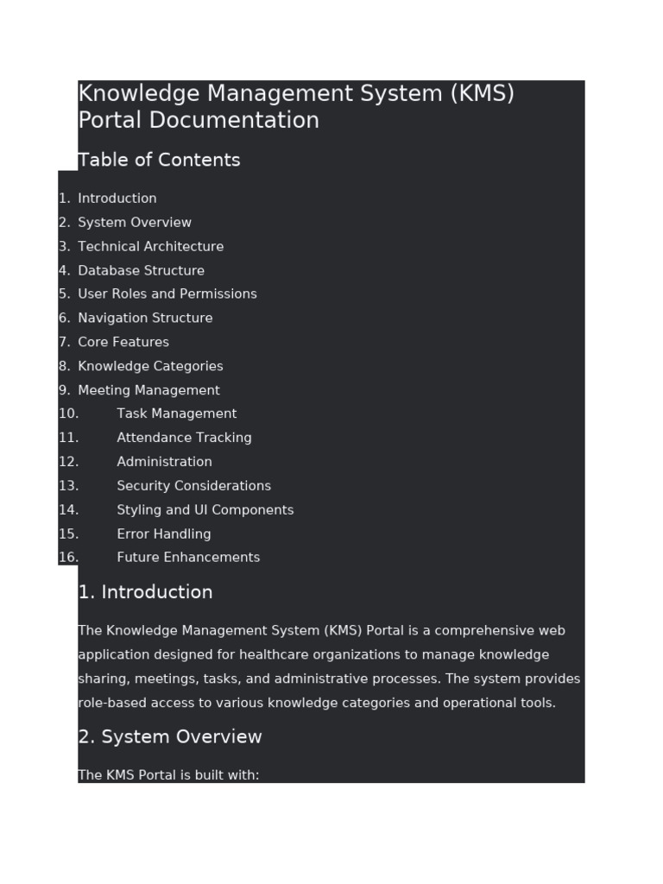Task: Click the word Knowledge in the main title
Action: click(132, 94)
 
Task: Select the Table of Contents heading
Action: click(159, 160)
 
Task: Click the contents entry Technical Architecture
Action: click(150, 246)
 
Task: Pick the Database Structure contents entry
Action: click(141, 270)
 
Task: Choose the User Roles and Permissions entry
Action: click(167, 294)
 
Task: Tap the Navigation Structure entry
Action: click(145, 318)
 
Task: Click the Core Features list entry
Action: click(123, 342)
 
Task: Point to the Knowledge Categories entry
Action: click(150, 366)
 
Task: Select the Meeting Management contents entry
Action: click(148, 390)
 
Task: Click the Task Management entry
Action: click(176, 414)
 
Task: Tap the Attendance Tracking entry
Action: click(184, 438)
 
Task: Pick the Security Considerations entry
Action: click(193, 486)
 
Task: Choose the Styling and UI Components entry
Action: click(205, 510)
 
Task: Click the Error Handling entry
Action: click(163, 534)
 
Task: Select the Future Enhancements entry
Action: click(188, 558)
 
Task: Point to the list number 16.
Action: click(68, 558)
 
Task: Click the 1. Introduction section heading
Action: click(145, 592)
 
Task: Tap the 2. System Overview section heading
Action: click(169, 736)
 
